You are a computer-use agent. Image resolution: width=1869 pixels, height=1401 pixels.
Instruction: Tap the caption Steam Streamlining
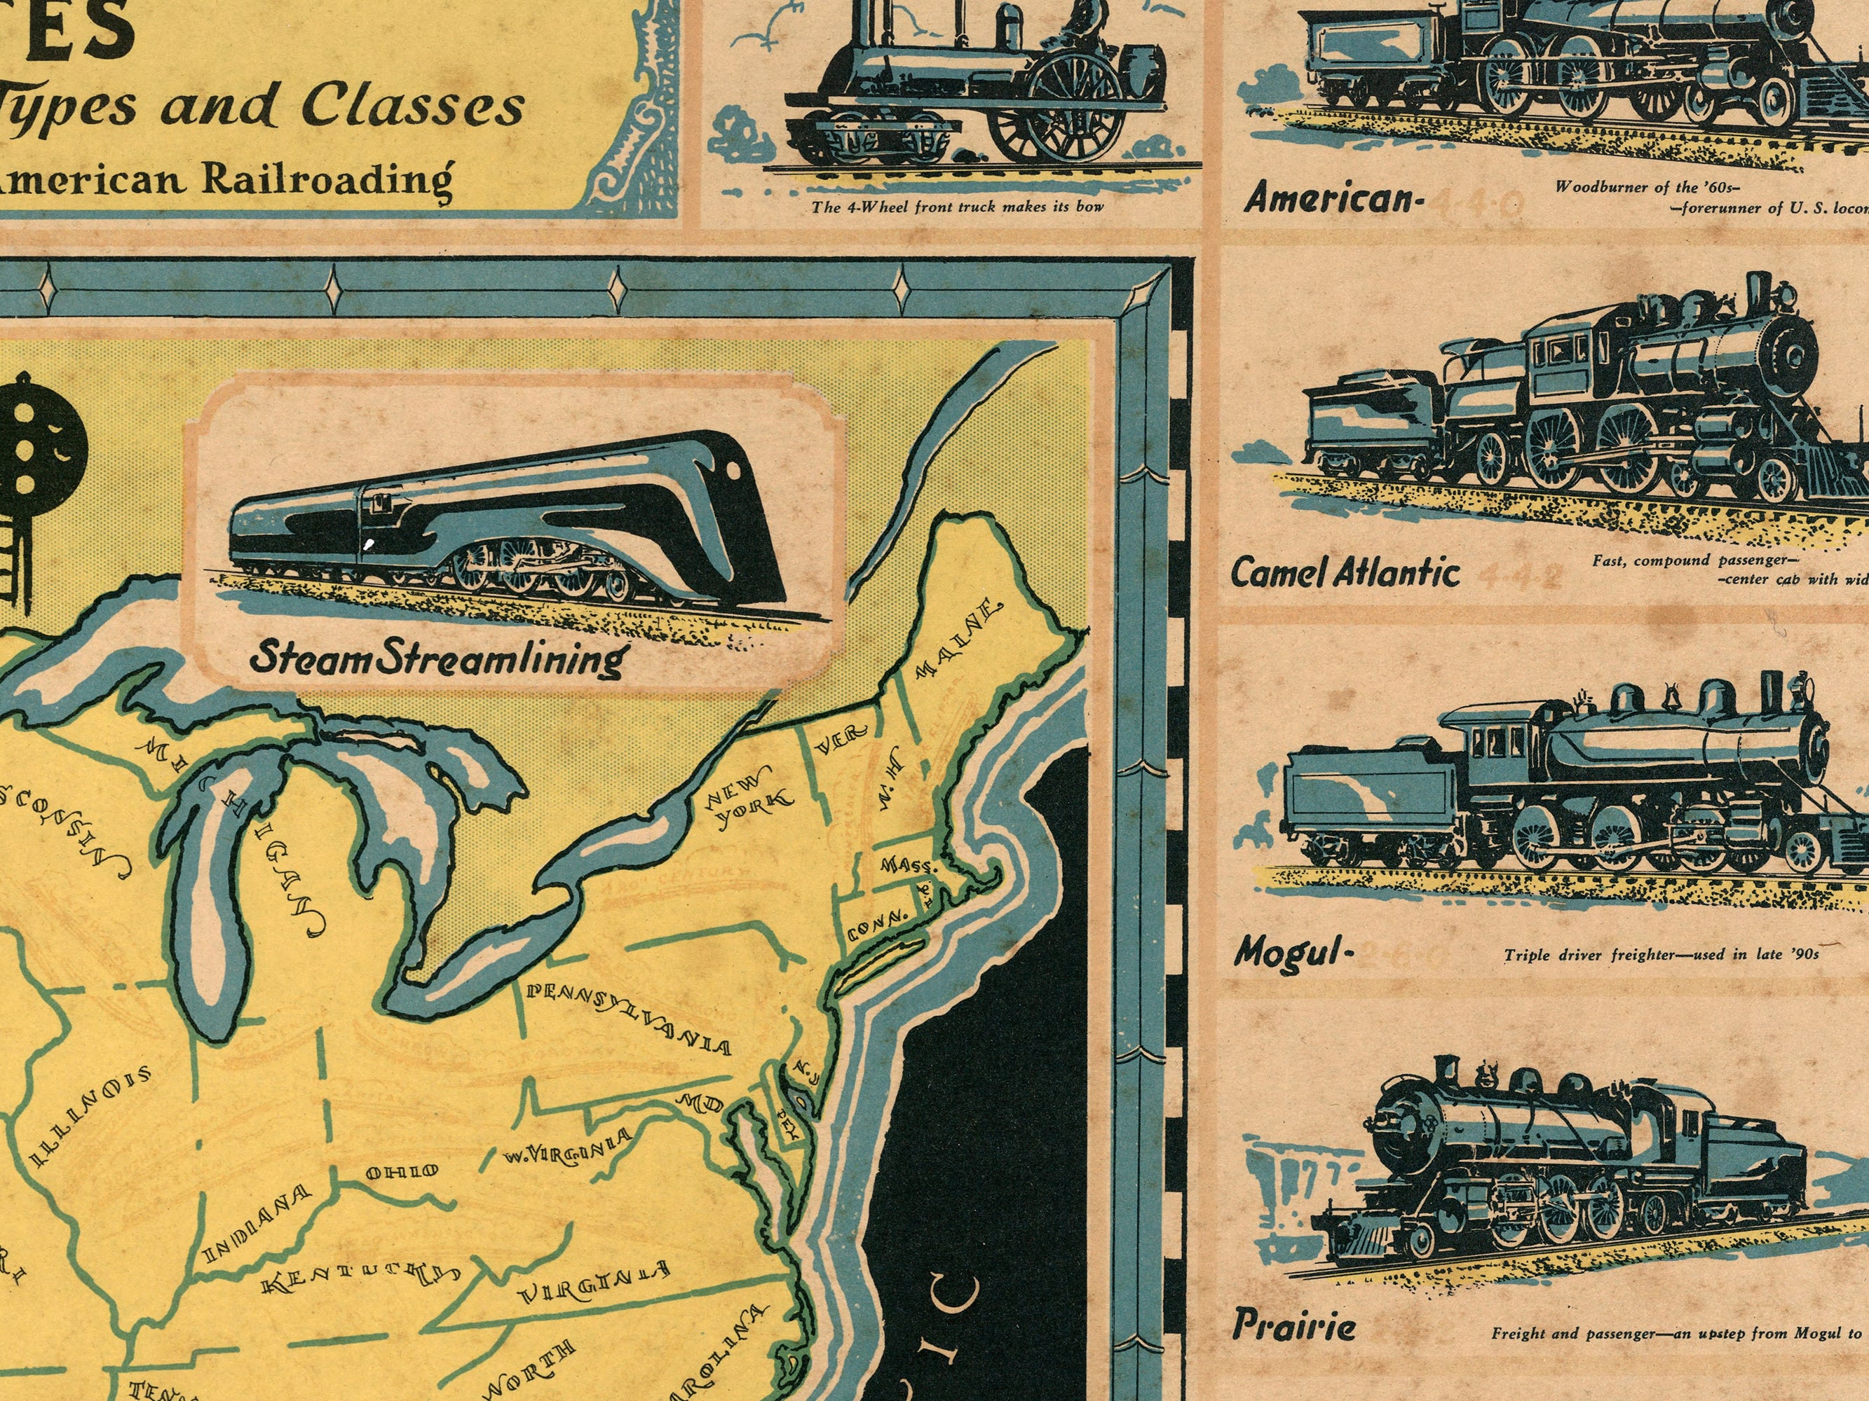(x=437, y=658)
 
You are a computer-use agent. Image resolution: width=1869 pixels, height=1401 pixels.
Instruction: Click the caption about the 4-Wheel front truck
(x=958, y=206)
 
